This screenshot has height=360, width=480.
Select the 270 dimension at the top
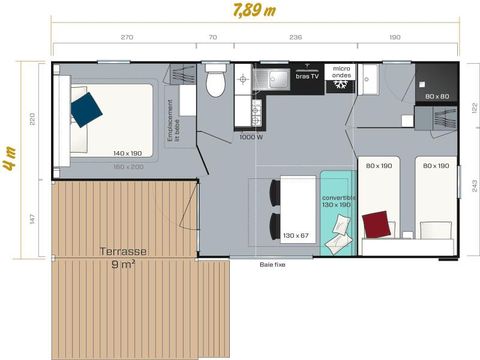click(127, 37)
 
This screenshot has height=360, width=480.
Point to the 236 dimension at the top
click(295, 37)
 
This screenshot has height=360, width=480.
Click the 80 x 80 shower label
click(436, 97)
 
